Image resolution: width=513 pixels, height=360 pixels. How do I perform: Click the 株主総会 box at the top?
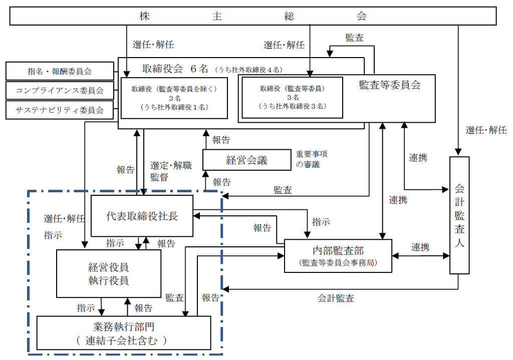(253, 16)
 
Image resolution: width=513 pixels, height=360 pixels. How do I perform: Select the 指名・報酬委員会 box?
(60, 71)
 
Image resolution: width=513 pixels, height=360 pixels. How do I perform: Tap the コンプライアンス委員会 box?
(60, 91)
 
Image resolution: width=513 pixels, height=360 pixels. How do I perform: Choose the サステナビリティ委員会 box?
(60, 110)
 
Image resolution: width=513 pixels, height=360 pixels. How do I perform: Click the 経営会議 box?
(246, 160)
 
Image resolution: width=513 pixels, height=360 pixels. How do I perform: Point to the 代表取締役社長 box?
(142, 216)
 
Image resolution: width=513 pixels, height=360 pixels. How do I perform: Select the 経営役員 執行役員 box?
(108, 274)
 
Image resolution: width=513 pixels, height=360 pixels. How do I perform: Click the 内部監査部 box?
(338, 256)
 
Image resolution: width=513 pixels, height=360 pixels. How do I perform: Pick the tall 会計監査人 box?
(459, 215)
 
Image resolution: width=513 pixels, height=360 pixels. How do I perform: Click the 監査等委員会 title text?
(389, 85)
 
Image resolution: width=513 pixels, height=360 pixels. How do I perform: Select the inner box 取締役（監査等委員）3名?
(293, 97)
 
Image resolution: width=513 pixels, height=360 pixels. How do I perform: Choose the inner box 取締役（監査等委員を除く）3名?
(174, 98)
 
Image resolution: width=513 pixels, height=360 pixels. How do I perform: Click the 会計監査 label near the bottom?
(336, 298)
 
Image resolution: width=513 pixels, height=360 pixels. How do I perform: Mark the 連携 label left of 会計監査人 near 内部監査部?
(420, 247)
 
